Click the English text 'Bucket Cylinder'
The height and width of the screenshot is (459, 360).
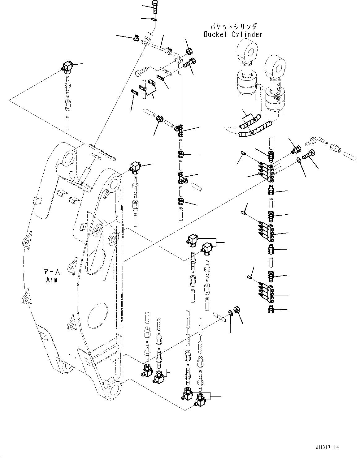pyautogui.click(x=233, y=34)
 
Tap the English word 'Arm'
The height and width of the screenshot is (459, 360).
pyautogui.click(x=51, y=280)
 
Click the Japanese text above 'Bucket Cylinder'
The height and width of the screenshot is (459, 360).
pyautogui.click(x=233, y=27)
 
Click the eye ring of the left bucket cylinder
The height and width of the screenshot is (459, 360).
pyautogui.click(x=247, y=50)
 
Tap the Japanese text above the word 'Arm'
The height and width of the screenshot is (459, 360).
pyautogui.click(x=51, y=272)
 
